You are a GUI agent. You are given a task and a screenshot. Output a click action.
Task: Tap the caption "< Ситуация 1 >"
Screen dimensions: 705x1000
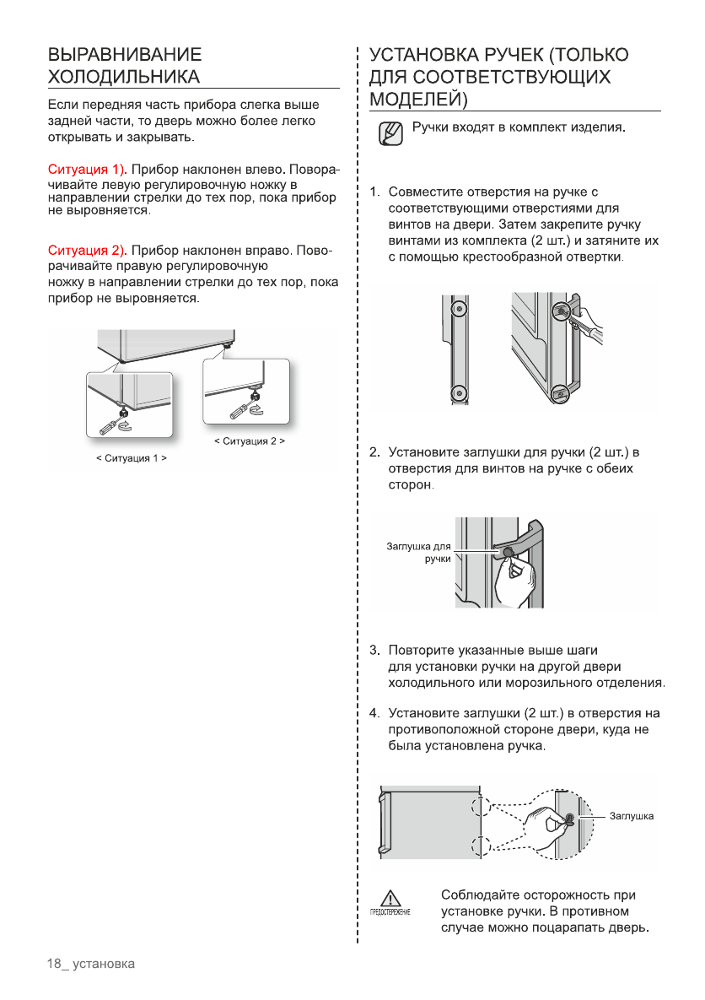click(131, 458)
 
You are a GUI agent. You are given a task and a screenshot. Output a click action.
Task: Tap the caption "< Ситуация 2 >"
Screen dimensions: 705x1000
click(250, 441)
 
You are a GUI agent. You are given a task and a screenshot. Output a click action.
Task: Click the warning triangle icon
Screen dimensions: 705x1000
click(388, 898)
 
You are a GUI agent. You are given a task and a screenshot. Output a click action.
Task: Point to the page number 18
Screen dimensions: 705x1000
click(55, 964)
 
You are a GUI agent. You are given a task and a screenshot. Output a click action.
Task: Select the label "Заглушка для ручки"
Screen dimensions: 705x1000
click(419, 552)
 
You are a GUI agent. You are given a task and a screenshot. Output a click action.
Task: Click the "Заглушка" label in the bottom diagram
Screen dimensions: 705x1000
click(632, 816)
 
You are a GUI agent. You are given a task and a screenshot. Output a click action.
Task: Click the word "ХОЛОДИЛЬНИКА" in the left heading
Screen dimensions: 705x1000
click(124, 78)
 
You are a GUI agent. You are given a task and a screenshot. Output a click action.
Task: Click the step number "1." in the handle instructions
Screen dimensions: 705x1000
click(375, 193)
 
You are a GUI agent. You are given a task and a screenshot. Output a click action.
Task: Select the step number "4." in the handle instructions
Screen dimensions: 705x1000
click(375, 714)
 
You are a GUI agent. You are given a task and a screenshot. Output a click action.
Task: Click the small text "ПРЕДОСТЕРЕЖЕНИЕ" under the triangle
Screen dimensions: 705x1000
click(388, 914)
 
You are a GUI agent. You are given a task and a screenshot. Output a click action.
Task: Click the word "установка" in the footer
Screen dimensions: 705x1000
click(104, 964)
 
